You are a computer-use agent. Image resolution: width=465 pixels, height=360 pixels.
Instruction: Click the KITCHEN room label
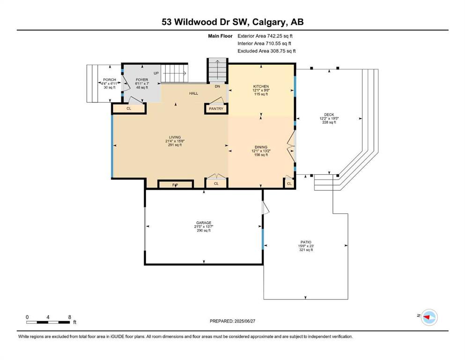click(261, 86)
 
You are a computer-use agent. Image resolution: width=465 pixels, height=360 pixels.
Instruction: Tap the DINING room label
click(261, 147)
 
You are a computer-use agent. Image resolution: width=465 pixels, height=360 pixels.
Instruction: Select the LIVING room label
click(175, 137)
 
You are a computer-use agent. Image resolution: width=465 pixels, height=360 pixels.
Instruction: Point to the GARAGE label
click(204, 223)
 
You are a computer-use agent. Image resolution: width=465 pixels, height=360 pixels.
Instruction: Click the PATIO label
click(306, 242)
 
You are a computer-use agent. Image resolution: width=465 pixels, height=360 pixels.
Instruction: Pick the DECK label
click(329, 114)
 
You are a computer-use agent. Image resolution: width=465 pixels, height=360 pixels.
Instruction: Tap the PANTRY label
click(216, 109)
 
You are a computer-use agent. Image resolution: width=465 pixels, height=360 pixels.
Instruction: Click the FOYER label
click(142, 80)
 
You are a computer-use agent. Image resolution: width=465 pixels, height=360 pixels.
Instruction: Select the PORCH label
click(110, 80)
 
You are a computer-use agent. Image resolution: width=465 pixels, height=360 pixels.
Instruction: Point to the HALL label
click(194, 93)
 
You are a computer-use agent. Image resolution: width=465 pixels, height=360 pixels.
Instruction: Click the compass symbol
click(429, 317)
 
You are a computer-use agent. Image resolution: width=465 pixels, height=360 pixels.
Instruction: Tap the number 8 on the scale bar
click(70, 317)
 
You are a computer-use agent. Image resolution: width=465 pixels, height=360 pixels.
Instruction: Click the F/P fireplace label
click(175, 185)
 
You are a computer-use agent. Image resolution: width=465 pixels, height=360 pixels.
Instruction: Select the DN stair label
click(217, 86)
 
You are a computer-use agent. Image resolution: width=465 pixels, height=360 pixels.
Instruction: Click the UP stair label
click(156, 73)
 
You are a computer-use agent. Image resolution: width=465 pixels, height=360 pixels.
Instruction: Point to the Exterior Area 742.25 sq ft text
click(265, 36)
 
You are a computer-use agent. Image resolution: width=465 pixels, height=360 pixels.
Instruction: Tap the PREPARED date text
click(232, 321)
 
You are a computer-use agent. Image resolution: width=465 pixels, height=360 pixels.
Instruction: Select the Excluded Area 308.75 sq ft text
click(266, 51)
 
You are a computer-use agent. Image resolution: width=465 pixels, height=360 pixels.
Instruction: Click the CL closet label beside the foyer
click(129, 109)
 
